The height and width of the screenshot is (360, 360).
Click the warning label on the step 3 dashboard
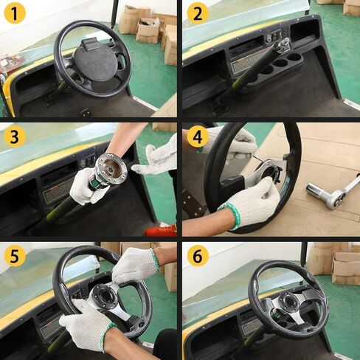point(58,190)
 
